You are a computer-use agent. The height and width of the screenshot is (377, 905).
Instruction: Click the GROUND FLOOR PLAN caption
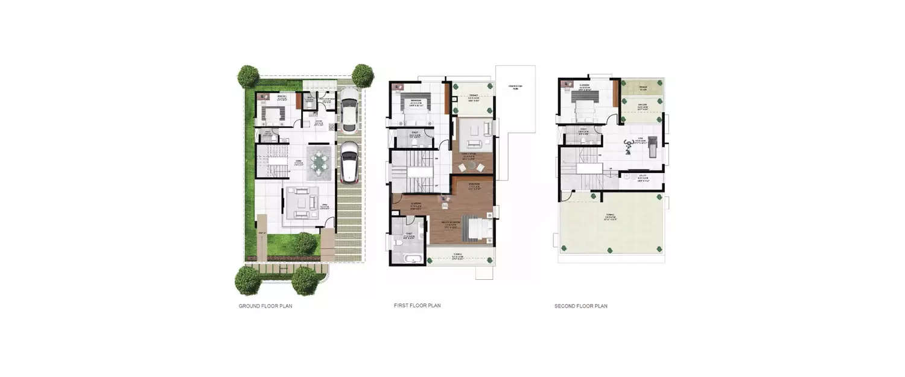pos(265,306)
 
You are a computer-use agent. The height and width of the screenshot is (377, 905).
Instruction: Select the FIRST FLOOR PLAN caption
pos(417,306)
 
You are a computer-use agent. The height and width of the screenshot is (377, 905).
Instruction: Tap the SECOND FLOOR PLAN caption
pos(580,306)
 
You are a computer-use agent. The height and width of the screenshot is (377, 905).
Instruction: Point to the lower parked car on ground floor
pos(348,161)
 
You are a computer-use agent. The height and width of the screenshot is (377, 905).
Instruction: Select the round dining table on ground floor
pos(319,162)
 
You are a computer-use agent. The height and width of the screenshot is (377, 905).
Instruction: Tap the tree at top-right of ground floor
pos(362,75)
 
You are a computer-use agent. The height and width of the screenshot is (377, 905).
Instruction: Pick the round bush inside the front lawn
pos(306,243)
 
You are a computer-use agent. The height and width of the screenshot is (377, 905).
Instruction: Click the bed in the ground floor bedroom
pos(275,113)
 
